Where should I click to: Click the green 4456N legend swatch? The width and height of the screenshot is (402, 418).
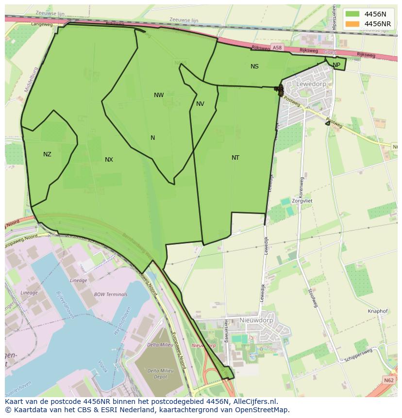click(353, 14)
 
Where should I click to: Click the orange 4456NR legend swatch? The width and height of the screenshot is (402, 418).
click(353, 24)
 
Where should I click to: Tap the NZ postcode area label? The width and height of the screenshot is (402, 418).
click(47, 154)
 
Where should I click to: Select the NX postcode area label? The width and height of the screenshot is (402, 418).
click(109, 160)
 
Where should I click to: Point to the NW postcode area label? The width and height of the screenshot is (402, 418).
click(159, 95)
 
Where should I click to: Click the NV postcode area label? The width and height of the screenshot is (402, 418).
click(200, 104)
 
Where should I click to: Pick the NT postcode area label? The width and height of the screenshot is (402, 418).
click(235, 158)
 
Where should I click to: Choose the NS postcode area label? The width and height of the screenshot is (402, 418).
click(254, 67)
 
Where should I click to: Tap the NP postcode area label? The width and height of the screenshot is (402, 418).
click(336, 65)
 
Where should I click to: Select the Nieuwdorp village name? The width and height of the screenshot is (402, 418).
click(256, 320)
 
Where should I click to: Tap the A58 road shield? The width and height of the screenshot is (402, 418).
click(277, 48)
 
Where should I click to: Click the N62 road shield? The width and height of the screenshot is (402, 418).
click(388, 380)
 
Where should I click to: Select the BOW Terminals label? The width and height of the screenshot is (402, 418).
click(111, 294)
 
